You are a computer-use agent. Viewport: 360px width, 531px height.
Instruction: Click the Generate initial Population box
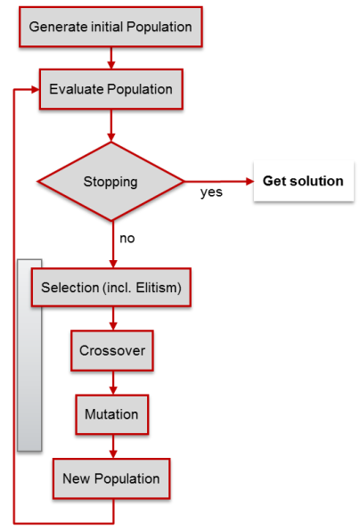pos(110,27)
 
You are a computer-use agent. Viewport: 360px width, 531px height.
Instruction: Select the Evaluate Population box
pos(111,89)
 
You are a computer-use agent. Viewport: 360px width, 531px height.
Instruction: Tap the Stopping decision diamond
pos(111,182)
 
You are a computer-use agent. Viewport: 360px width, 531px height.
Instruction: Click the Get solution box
pos(304,181)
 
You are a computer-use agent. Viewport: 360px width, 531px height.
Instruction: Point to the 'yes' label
pos(211,192)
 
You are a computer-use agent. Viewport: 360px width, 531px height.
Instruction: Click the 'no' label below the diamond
pos(127,239)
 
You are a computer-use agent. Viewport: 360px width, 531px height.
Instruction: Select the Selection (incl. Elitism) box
pos(111,288)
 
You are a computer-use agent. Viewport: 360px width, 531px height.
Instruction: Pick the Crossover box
pos(112,350)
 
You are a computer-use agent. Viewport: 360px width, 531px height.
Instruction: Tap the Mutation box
pos(112,414)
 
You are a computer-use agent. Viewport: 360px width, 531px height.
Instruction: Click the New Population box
pos(111,478)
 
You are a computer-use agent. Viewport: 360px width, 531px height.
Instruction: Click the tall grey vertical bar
pos(29,355)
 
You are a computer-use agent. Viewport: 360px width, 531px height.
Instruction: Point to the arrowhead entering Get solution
pos(250,182)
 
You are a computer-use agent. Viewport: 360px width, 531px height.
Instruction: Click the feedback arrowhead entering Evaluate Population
pos(36,89)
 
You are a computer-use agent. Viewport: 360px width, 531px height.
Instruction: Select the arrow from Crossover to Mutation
pos(113,383)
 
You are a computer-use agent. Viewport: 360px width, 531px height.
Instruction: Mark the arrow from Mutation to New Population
pos(113,446)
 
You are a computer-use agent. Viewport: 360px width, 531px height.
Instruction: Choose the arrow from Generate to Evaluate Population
pos(111,58)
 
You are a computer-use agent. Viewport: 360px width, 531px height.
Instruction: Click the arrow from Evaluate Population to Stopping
pos(111,126)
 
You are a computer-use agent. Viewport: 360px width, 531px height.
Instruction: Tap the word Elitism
pos(159,288)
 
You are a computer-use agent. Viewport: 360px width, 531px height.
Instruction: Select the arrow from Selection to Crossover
pos(113,319)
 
